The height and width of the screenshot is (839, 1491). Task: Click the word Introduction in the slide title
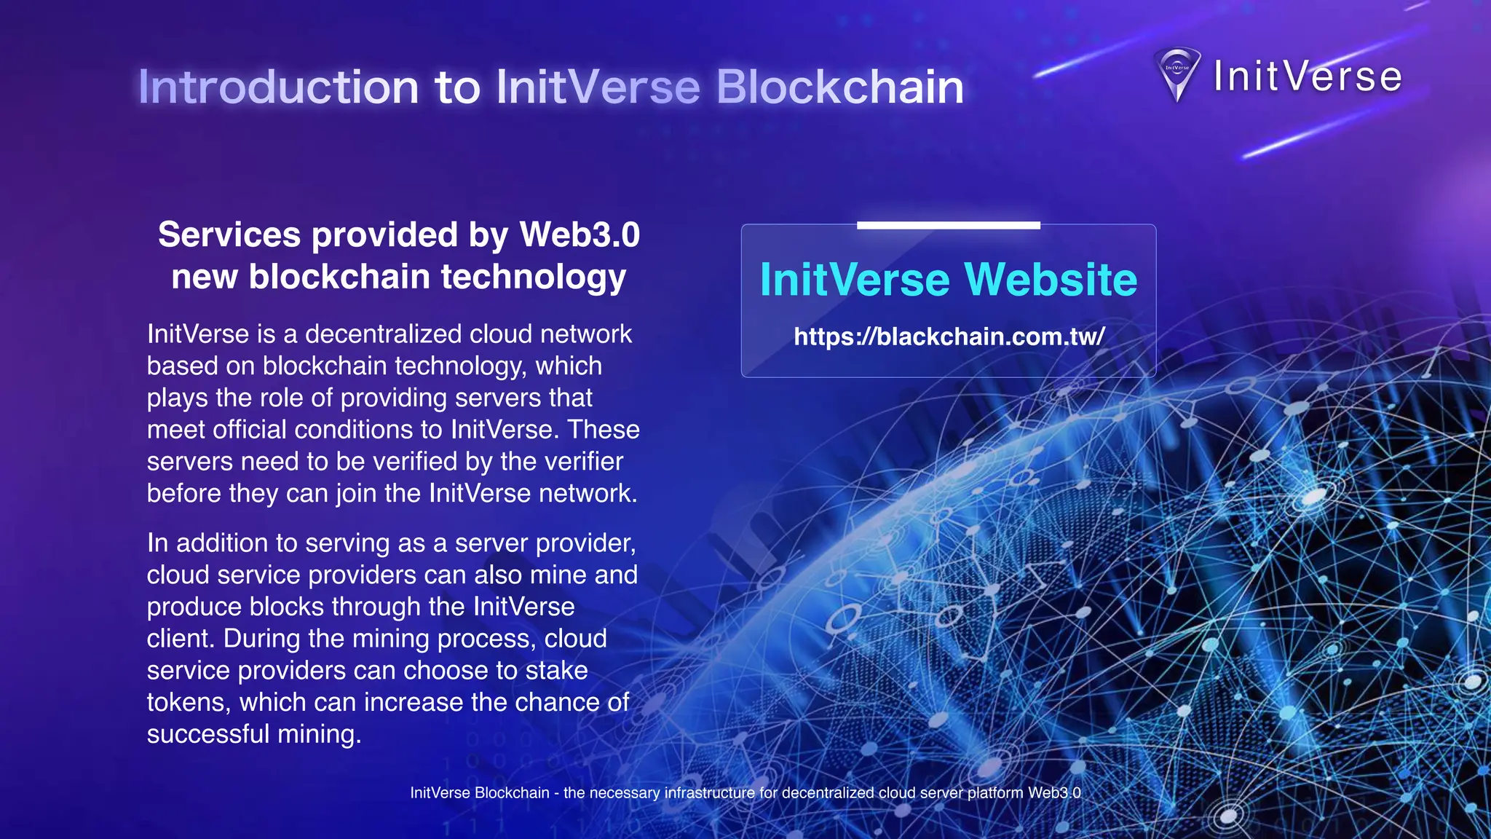click(278, 87)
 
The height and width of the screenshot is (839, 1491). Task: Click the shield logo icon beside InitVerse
click(1177, 74)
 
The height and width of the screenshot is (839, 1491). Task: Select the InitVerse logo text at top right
click(1307, 76)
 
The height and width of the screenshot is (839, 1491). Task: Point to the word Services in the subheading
click(229, 235)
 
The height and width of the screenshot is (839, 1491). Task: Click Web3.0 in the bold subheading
click(580, 235)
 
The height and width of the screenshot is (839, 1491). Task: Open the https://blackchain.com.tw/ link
click(949, 336)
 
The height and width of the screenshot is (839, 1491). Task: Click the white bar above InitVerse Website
click(948, 226)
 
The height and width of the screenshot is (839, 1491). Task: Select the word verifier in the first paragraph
click(583, 462)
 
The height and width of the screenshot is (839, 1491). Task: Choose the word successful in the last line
click(208, 734)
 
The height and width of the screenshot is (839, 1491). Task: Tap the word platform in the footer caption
click(994, 793)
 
